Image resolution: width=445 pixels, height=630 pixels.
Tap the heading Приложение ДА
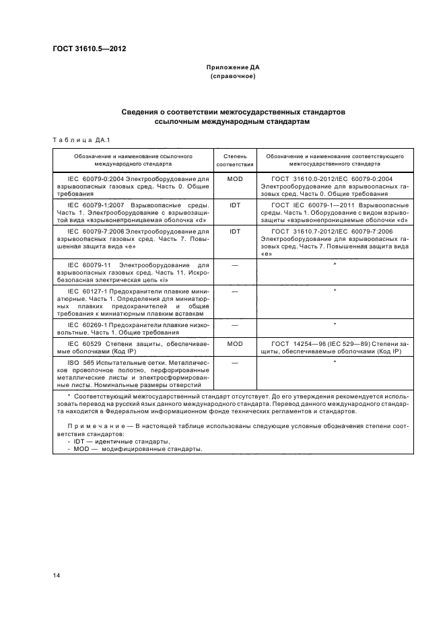[x=233, y=68]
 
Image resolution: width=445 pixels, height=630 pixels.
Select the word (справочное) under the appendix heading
[x=233, y=77]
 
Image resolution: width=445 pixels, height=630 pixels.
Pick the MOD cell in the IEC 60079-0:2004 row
[x=234, y=179]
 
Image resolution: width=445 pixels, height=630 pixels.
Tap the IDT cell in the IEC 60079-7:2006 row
[x=234, y=231]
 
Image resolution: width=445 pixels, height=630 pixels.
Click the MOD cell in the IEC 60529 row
[x=234, y=343]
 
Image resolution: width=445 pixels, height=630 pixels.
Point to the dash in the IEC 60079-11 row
[x=234, y=265]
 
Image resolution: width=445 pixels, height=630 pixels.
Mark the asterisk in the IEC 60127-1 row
[x=335, y=291]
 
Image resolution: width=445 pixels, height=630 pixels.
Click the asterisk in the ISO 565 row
[x=335, y=363]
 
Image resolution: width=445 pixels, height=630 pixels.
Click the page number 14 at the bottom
[x=57, y=574]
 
